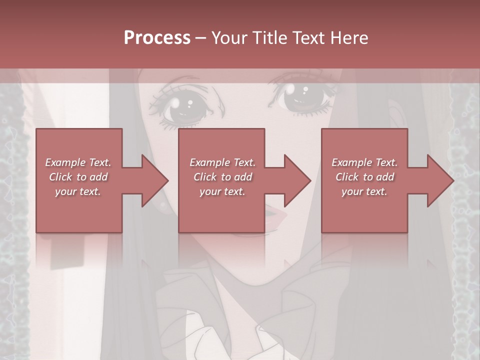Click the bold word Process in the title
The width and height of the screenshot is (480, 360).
pyautogui.click(x=157, y=38)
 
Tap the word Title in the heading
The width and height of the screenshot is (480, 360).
pyautogui.click(x=270, y=38)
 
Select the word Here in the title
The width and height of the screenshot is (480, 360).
pyautogui.click(x=349, y=38)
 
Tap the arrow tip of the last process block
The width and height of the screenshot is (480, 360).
pyautogui.click(x=452, y=180)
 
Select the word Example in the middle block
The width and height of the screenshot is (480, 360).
pyautogui.click(x=209, y=162)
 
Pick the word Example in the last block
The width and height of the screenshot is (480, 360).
pyautogui.click(x=351, y=162)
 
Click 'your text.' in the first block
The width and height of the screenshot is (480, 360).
pyautogui.click(x=78, y=191)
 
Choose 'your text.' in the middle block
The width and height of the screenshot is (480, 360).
pyautogui.click(x=222, y=191)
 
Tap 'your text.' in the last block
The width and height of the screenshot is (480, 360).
pyautogui.click(x=364, y=191)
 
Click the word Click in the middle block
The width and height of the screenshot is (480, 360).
pyautogui.click(x=205, y=177)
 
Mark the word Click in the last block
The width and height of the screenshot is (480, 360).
pyautogui.click(x=347, y=177)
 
